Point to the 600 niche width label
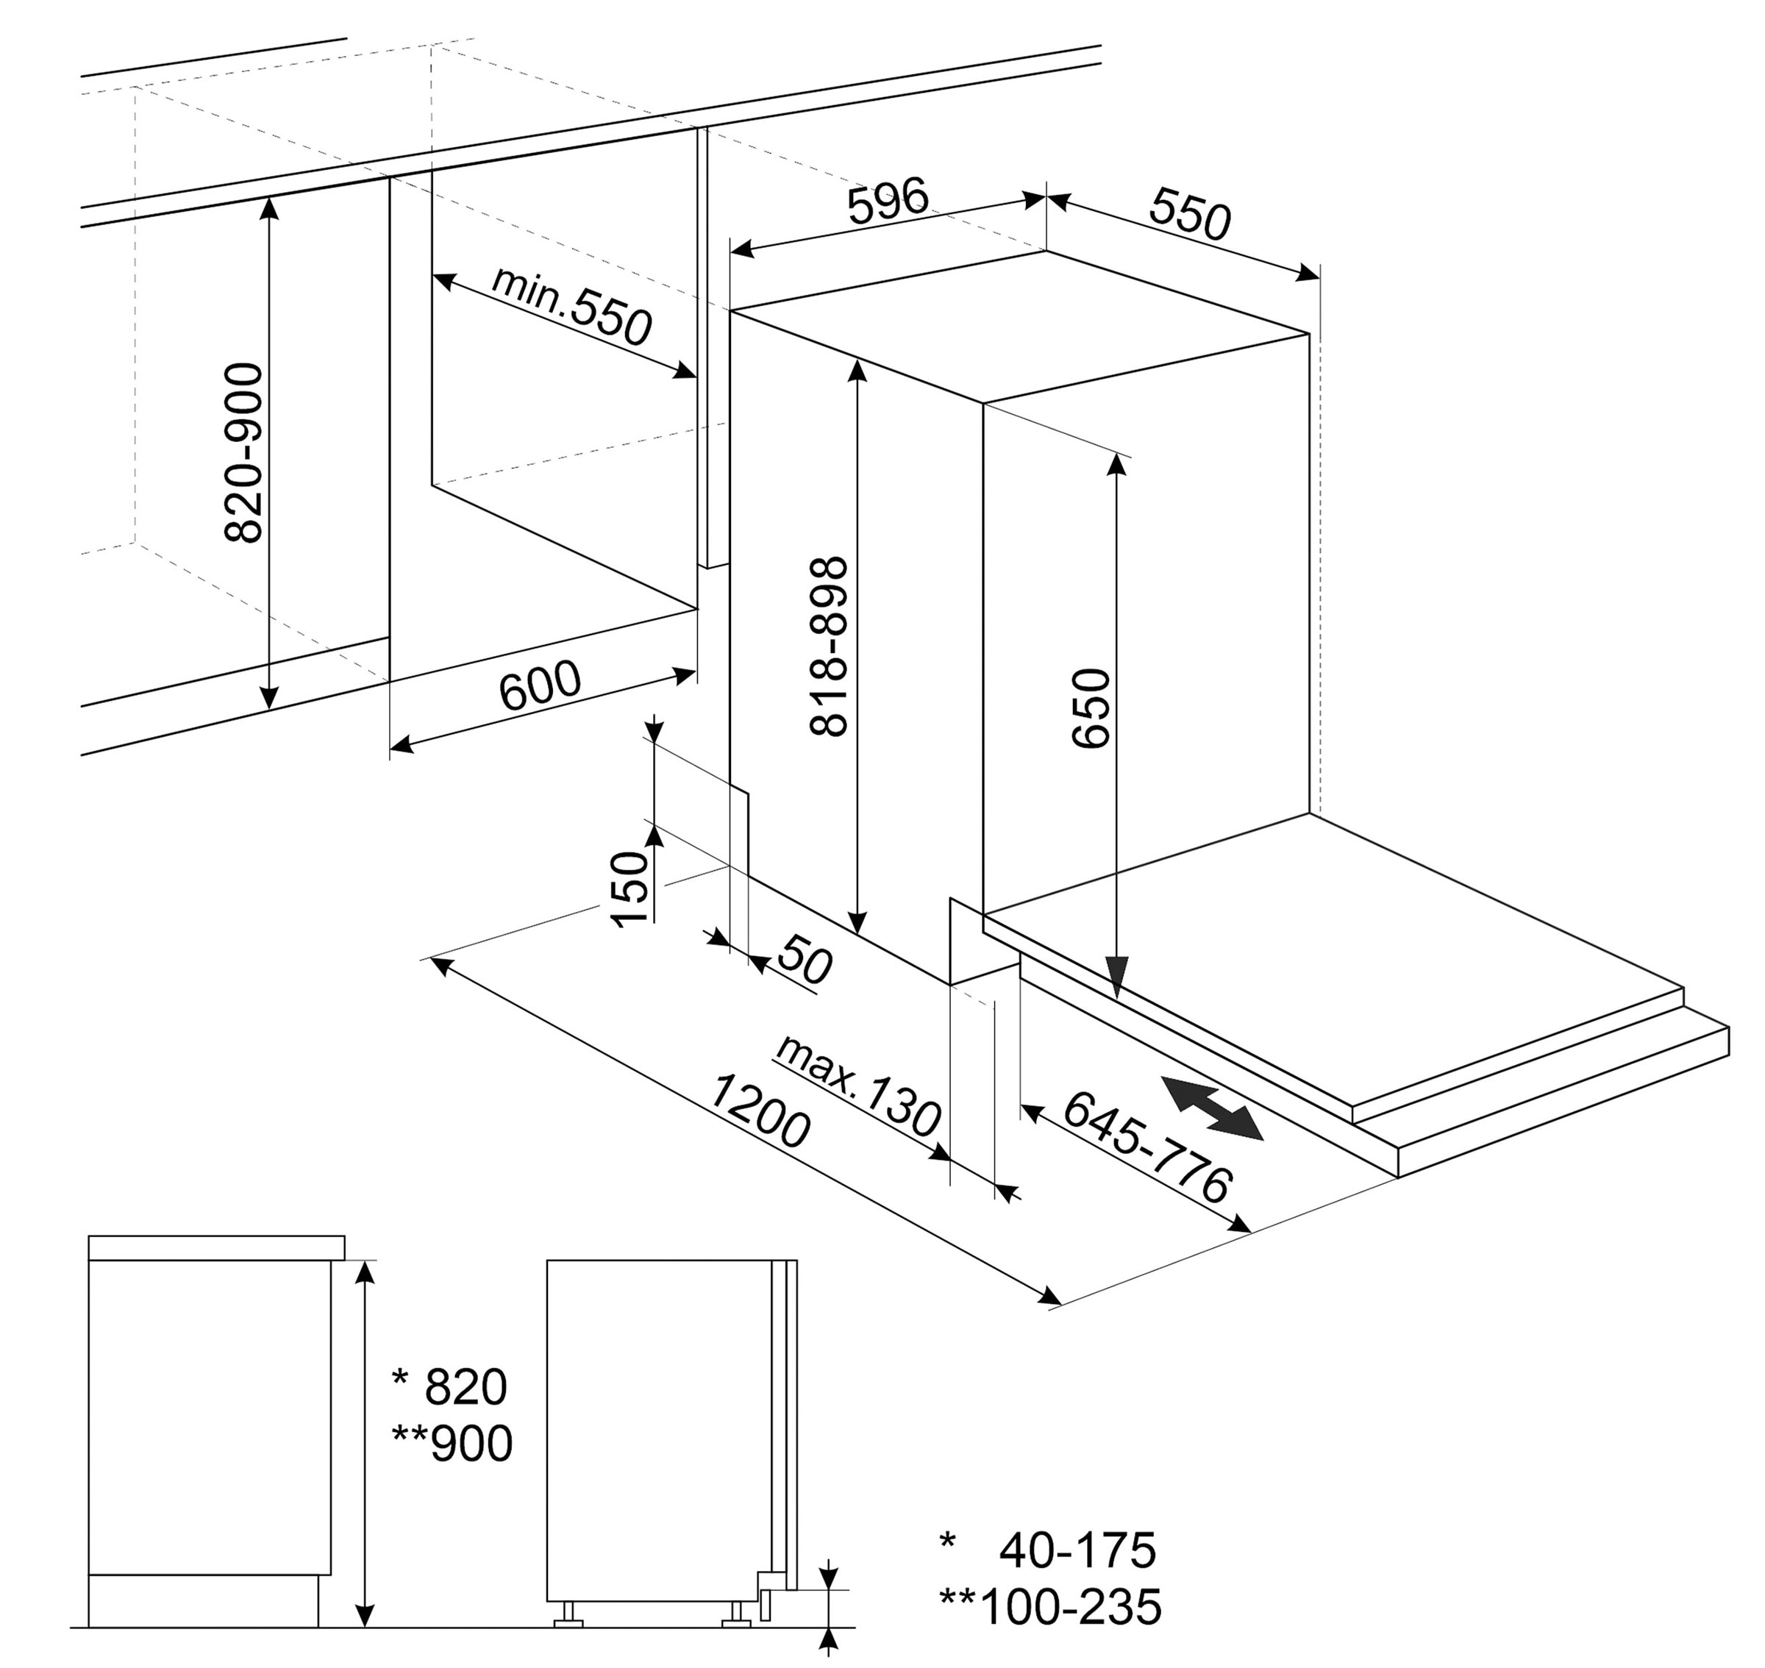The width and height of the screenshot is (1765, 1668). click(540, 685)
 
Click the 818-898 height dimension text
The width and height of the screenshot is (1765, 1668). click(830, 646)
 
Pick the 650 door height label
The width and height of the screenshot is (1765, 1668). click(1092, 709)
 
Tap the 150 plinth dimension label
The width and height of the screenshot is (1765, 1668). click(630, 889)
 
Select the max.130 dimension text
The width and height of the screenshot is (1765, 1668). click(857, 1085)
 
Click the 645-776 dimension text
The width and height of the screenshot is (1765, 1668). click(1148, 1147)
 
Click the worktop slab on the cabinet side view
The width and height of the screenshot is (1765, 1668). click(217, 1247)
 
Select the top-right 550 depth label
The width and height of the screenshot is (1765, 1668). click(1190, 214)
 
